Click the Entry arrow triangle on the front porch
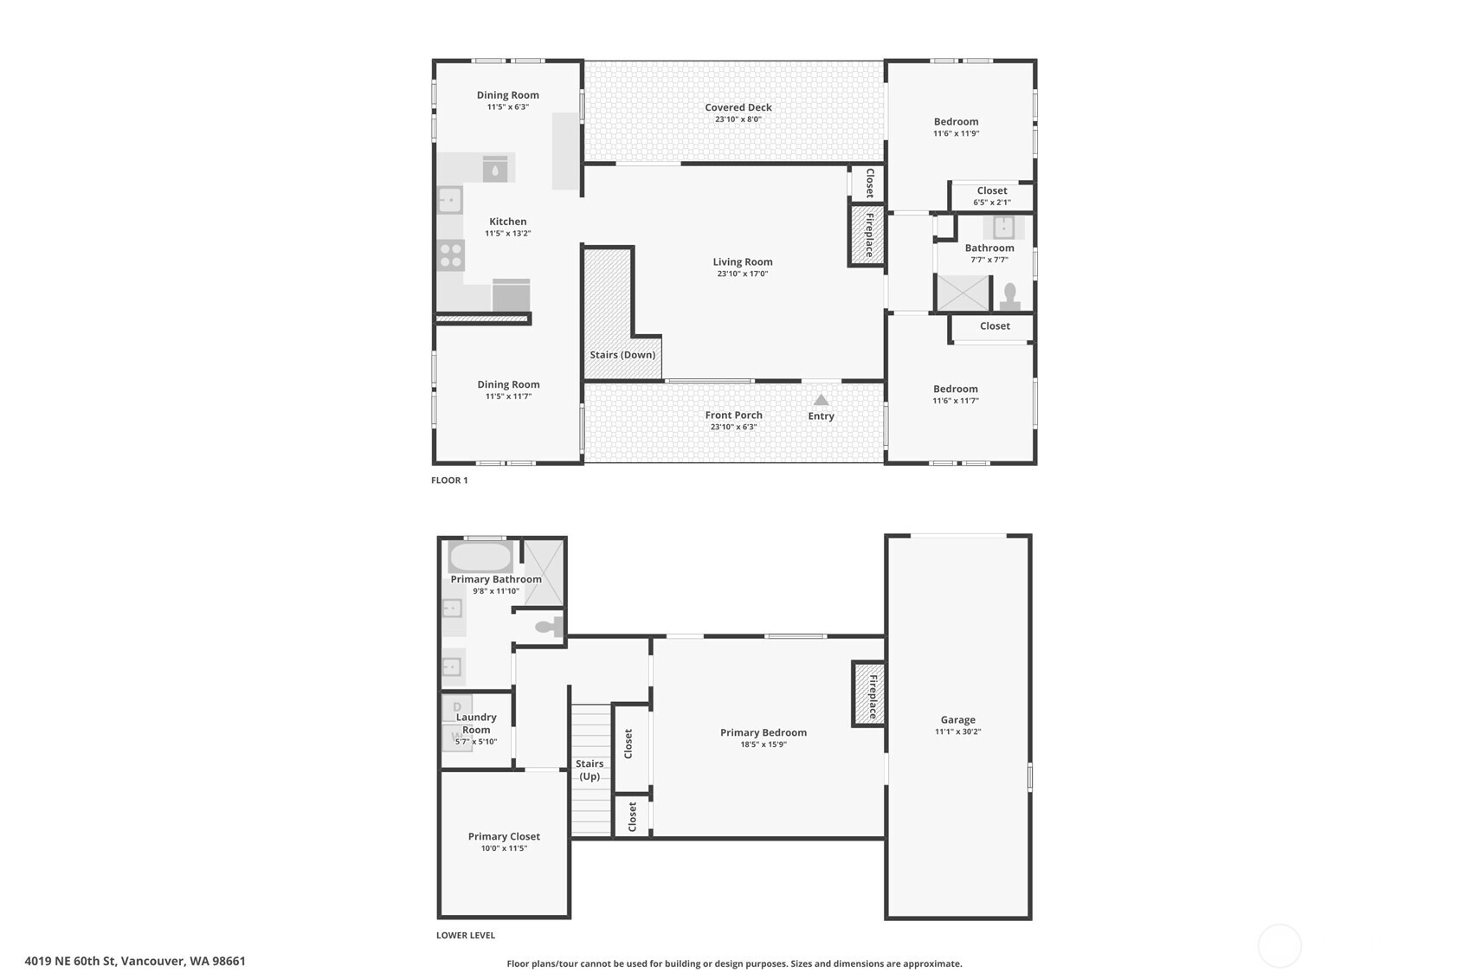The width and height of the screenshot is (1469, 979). [821, 400]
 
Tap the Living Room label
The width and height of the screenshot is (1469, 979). [742, 261]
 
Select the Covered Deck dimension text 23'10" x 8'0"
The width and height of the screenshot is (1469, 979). [738, 119]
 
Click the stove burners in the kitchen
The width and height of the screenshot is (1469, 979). [450, 255]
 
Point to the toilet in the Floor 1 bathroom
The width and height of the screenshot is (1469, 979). [1009, 296]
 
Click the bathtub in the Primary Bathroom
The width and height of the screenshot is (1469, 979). [480, 557]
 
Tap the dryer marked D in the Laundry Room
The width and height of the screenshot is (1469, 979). [457, 707]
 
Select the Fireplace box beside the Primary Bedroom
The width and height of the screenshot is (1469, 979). [869, 693]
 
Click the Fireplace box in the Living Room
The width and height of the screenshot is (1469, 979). [867, 235]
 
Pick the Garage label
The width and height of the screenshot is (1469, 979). [957, 719]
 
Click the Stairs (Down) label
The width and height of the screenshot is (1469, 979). [622, 355]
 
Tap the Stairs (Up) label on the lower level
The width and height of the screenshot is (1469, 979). [590, 770]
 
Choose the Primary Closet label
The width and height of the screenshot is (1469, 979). [504, 836]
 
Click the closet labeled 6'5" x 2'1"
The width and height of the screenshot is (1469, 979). [991, 196]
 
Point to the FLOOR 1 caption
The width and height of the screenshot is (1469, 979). [449, 480]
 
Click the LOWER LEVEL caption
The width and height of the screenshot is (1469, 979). [466, 936]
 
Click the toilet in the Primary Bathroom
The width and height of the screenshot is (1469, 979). [547, 627]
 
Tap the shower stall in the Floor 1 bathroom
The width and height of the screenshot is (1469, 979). [963, 293]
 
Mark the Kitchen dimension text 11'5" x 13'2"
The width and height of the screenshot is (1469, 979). [507, 234]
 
